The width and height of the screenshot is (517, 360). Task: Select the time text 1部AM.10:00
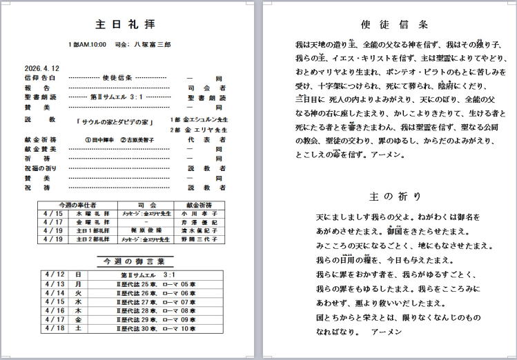87,45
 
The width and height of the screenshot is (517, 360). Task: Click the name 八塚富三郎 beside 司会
151,45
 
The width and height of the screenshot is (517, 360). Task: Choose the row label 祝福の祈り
40,168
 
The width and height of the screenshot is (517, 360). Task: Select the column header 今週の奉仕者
78,205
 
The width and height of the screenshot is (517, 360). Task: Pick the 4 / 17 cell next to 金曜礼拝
53,222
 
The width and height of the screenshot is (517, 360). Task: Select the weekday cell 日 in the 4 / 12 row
78,275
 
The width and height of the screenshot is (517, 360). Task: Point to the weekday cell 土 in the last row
78,329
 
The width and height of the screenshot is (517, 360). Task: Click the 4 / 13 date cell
53,284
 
